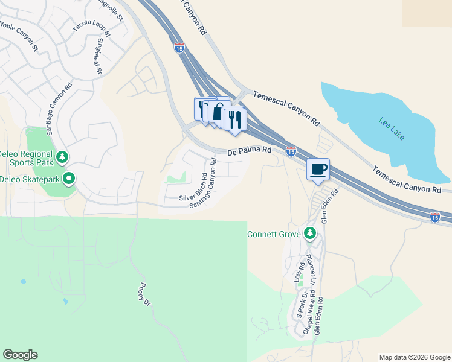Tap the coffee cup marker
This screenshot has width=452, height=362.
[318, 170]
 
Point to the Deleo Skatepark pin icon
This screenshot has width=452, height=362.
[69, 179]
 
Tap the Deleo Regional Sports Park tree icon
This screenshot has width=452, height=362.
[62, 157]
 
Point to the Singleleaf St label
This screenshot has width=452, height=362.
[99, 57]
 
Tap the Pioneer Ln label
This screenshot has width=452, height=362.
[310, 269]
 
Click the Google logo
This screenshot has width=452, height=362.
[20, 355]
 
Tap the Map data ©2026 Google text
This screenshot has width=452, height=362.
[414, 357]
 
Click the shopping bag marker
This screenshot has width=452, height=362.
[218, 113]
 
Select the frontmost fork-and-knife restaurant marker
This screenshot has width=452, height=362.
[234, 119]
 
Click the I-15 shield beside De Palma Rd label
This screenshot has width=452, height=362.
[291, 152]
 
